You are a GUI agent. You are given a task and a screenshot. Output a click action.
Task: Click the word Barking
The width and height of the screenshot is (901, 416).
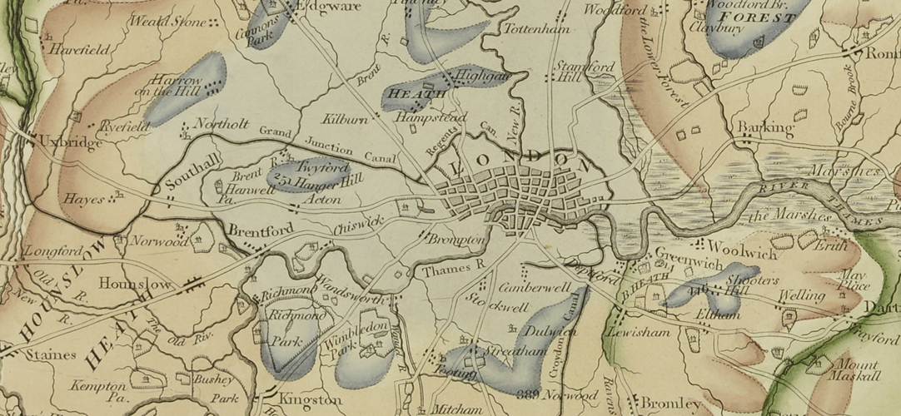(x=764, y=128)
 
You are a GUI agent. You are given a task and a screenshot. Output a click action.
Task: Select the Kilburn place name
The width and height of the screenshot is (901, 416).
(x=341, y=121)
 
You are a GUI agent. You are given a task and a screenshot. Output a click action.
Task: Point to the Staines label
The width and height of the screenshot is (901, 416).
(x=51, y=355)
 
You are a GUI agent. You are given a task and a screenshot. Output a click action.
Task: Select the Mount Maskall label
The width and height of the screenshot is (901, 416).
(x=857, y=370)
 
